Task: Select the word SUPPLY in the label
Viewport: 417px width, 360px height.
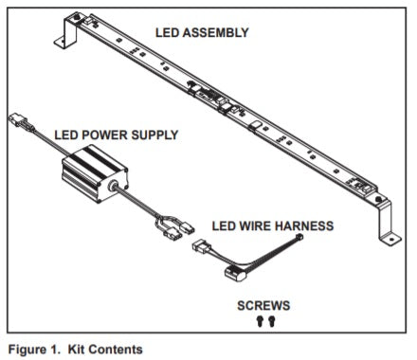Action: pos(154,135)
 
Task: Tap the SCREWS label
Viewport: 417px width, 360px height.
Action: pos(263,306)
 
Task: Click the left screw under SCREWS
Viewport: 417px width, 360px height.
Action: pos(260,321)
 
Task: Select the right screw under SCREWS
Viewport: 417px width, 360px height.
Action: pos(271,321)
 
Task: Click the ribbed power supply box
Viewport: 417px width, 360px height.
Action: pos(95,173)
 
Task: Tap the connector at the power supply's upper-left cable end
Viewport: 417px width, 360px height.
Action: pos(20,121)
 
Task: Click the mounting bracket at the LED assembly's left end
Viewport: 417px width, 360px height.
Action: pos(68,31)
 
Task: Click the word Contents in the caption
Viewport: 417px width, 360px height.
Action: pos(116,350)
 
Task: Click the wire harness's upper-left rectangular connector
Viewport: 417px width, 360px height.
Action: pos(200,246)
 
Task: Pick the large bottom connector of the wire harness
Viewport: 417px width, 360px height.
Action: pos(235,273)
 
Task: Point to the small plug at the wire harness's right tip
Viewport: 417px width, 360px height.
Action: pos(299,236)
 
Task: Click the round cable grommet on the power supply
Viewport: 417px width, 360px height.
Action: pos(112,186)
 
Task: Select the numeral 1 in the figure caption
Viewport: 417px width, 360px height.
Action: pos(53,350)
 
